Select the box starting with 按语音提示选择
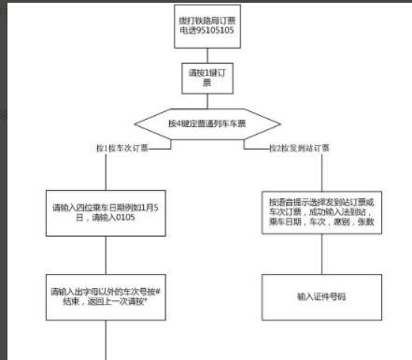click(x=320, y=209)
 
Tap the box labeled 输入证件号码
click(x=320, y=296)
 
